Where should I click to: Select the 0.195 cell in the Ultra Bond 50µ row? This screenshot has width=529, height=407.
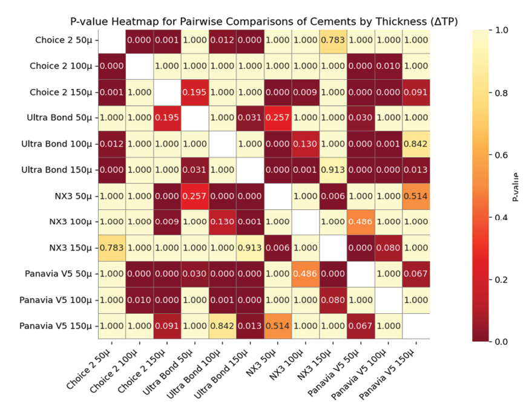167,118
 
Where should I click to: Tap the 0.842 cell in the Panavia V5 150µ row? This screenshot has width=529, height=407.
222,327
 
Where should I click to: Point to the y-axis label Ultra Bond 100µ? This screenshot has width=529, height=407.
57,144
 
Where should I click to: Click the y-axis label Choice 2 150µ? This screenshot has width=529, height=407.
62,92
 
